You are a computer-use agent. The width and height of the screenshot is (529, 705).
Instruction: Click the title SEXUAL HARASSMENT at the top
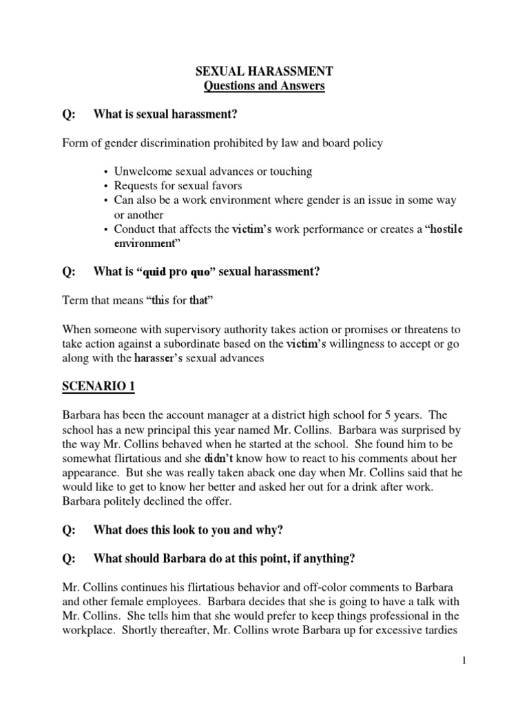coord(264,72)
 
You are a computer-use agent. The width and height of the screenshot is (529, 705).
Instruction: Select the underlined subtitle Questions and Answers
coord(264,86)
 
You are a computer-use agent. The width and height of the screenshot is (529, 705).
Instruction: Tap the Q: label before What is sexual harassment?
coord(70,114)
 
